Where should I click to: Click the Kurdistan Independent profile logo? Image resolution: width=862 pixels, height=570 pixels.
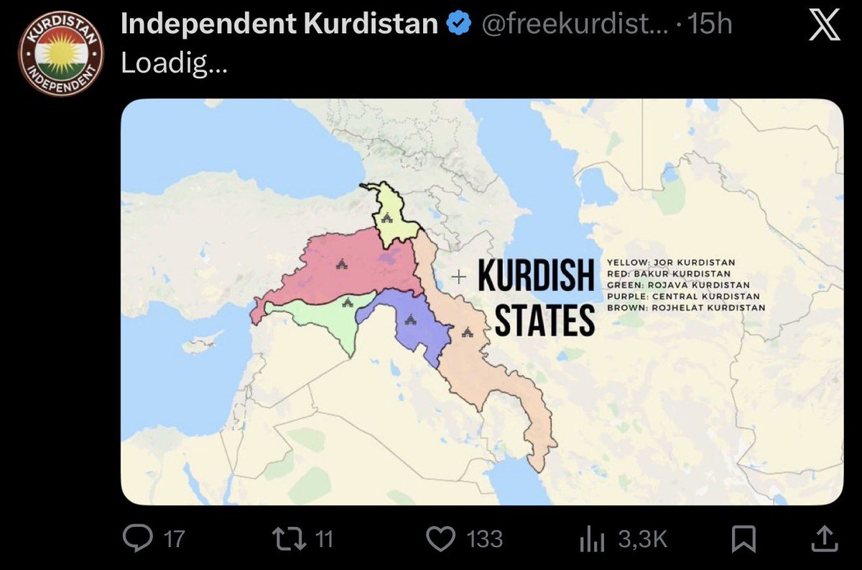(61, 55)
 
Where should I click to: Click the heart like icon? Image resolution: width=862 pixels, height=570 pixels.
(442, 538)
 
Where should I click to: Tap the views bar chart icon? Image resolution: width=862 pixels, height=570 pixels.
(594, 538)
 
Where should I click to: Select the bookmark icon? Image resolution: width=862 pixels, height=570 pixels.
(743, 538)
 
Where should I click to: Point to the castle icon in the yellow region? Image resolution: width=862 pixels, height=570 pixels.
(386, 217)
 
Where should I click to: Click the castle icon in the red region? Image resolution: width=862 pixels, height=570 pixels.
(340, 265)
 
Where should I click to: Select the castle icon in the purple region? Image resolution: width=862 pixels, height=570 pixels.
(410, 319)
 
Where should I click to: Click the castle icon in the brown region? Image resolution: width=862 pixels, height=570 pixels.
(468, 332)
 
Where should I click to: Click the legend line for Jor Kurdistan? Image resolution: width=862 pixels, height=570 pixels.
(671, 262)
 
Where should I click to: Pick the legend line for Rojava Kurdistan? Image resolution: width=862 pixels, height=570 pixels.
(677, 285)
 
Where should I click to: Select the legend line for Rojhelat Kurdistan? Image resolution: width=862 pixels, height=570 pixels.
(686, 308)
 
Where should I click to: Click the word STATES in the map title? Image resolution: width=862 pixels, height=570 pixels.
(544, 321)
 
